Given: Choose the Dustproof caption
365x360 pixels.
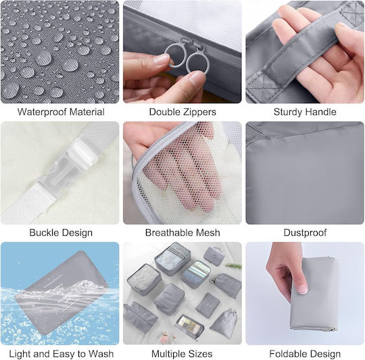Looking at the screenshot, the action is point(305,233).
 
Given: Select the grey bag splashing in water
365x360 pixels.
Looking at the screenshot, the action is point(61,292).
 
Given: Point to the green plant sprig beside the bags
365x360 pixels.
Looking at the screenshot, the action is point(233,266).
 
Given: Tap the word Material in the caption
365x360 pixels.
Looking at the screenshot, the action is point(87,112).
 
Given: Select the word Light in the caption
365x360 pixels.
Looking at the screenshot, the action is point(20,354).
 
